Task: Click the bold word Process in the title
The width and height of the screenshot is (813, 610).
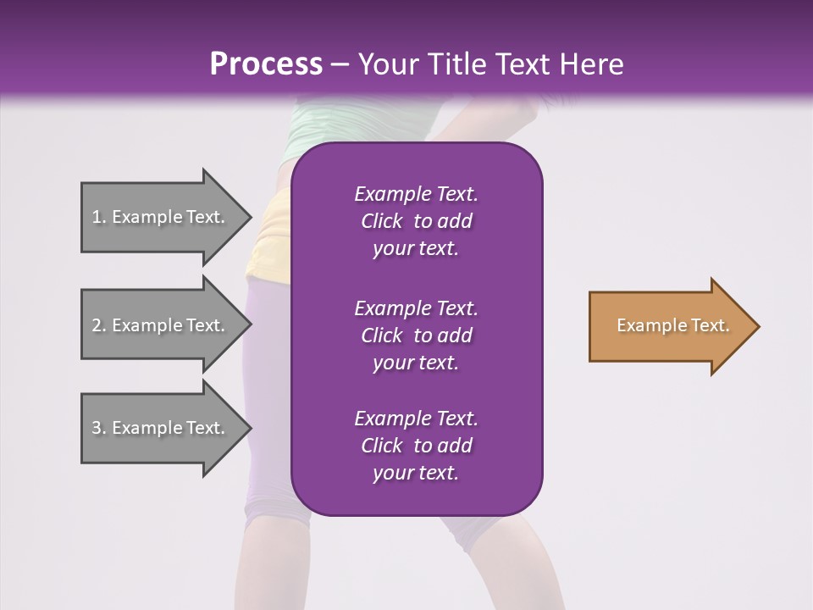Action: point(266,64)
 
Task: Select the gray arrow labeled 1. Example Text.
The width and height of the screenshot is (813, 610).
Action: point(161,218)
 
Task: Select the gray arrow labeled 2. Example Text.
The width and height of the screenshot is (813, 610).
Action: point(161,325)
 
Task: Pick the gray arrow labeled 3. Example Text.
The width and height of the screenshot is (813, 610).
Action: point(161,428)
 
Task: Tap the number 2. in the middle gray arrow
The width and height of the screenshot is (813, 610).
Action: point(98,325)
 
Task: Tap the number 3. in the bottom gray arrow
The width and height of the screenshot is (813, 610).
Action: point(98,428)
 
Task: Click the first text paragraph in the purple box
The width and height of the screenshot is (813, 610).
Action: point(416,221)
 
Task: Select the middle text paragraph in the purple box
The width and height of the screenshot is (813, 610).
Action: point(416,335)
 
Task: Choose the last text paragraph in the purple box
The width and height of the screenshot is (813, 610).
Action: point(416,446)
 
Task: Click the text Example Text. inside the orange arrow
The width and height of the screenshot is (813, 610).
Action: point(672,325)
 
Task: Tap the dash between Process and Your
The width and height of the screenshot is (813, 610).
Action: point(340,64)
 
